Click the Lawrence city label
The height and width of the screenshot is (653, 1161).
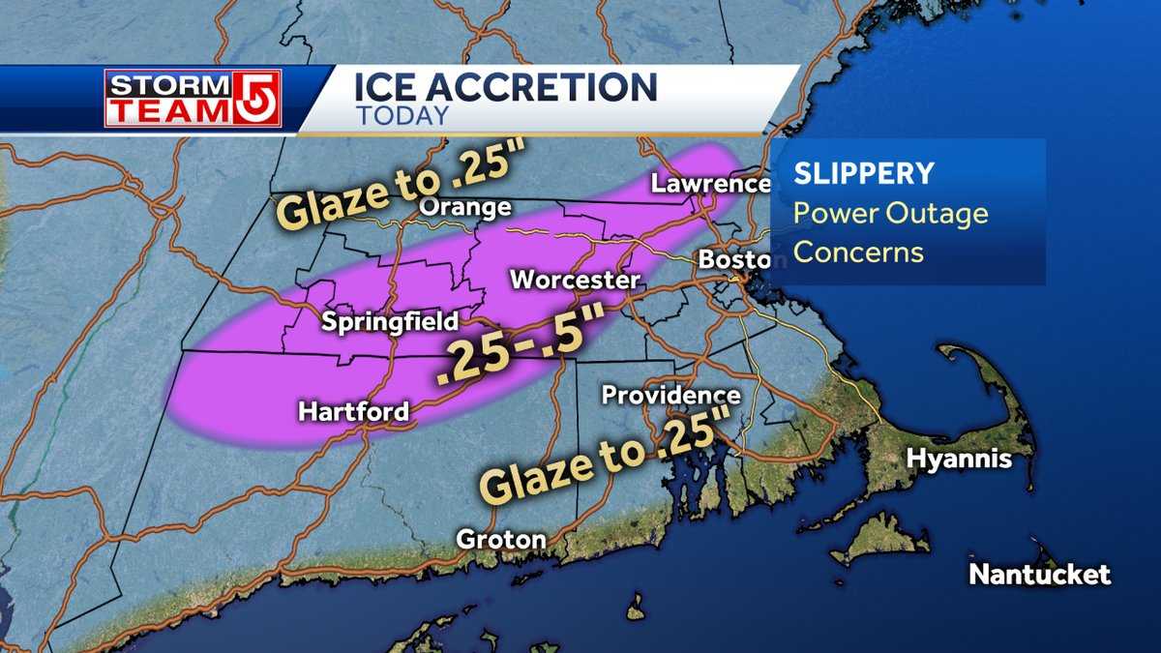pos(709,184)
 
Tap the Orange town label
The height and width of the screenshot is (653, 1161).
pos(464,208)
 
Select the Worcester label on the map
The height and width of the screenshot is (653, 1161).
pos(575,281)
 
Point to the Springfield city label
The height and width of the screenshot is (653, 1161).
pos(391,321)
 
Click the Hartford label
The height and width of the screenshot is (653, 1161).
pos(353,411)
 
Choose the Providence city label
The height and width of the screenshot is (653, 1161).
pos(670,396)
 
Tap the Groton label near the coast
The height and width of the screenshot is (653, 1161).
pos(500,539)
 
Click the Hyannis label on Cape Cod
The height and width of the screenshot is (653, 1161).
pos(959,459)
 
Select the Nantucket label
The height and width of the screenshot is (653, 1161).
pos(1040,575)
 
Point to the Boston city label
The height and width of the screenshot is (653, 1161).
pos(733,260)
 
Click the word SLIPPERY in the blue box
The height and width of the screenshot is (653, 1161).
pos(864,174)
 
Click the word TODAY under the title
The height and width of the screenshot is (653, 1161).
pos(402,115)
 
